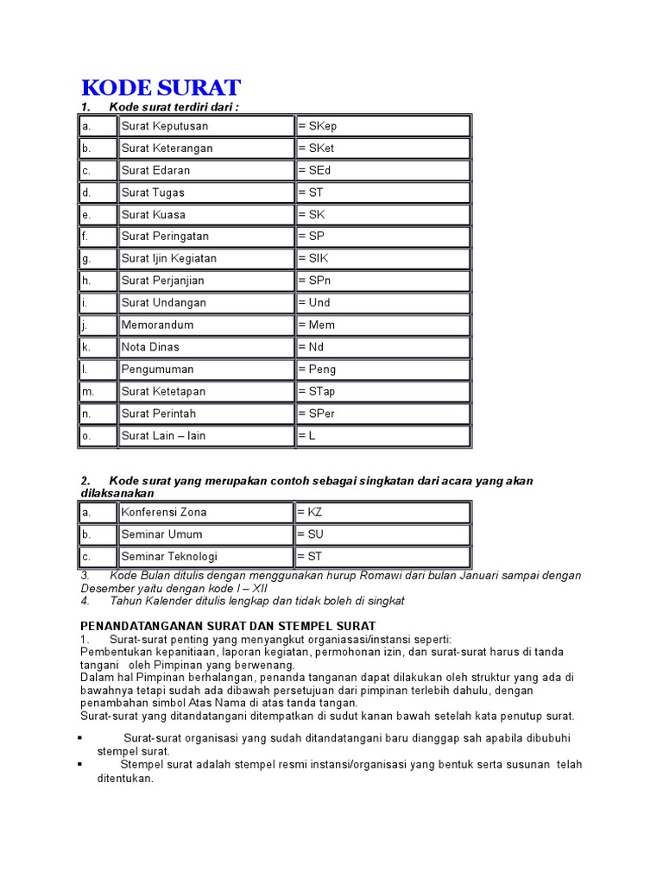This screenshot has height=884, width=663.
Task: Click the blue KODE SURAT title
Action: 161,88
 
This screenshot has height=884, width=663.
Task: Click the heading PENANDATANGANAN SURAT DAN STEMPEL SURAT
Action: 228,626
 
